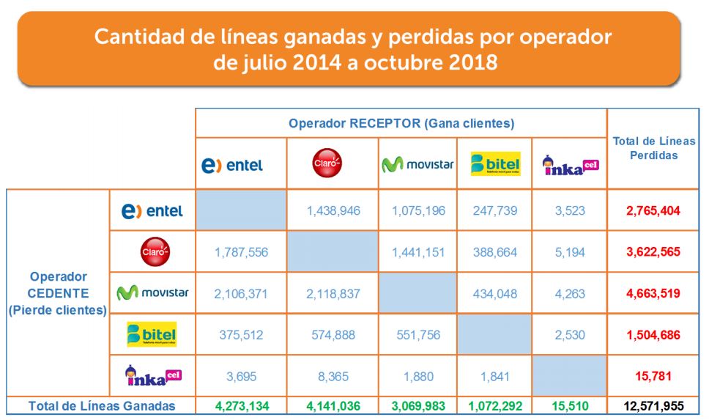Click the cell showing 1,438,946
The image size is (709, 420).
[x=333, y=211]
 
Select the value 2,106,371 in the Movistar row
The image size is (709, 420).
[x=241, y=293]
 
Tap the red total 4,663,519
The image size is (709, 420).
[x=653, y=293]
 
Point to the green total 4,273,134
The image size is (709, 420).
[x=241, y=405]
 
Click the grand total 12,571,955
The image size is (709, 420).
[x=653, y=405]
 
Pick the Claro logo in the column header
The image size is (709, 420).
[x=327, y=163]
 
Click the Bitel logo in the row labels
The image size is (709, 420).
[x=152, y=334]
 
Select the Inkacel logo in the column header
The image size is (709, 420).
[x=570, y=165]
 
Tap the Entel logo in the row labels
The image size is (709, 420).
[x=152, y=211]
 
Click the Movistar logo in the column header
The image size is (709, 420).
[x=417, y=165]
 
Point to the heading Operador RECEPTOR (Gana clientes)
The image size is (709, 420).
[x=401, y=122]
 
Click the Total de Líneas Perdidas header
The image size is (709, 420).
[x=653, y=148]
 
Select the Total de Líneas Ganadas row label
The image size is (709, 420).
[x=102, y=405]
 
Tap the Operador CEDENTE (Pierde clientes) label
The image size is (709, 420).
[x=58, y=293]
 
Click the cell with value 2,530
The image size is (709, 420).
[x=571, y=334]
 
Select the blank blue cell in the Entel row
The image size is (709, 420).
[x=241, y=211]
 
